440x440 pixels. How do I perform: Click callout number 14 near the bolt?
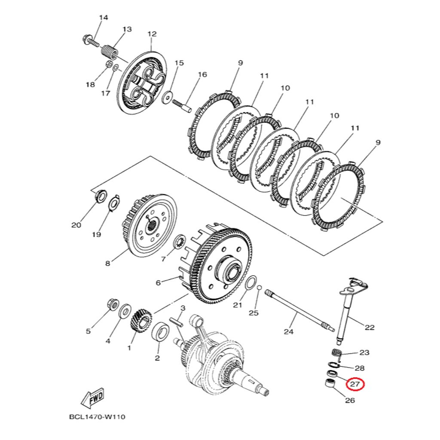coord(104,18)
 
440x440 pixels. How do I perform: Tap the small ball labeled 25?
coord(259,287)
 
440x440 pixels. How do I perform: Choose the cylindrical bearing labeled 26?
coord(329,384)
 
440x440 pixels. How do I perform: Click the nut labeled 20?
coord(100,196)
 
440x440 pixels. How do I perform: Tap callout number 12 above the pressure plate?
coord(152,34)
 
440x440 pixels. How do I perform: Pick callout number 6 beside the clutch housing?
coord(158,283)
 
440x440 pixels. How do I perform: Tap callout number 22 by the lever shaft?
coord(370,327)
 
